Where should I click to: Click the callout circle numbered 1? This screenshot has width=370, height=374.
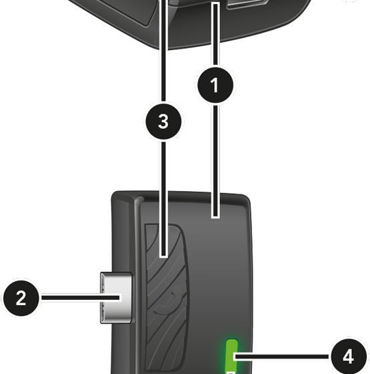click(215, 85)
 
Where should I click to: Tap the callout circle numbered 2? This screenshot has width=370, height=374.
click(21, 298)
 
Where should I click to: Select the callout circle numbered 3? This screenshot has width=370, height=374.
click(163, 122)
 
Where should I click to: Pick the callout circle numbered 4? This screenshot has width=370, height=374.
click(348, 357)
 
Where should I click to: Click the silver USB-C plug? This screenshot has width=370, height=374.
click(116, 298)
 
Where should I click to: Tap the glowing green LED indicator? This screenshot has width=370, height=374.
click(231, 357)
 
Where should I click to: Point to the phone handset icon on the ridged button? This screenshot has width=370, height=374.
click(169, 301)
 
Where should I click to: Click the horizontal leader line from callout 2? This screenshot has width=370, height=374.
click(81, 298)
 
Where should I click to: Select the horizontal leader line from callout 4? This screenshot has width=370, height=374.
click(282, 357)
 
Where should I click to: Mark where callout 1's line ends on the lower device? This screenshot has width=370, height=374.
click(215, 216)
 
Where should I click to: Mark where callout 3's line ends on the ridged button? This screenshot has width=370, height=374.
click(163, 255)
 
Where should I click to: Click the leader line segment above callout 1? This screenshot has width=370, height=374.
click(215, 35)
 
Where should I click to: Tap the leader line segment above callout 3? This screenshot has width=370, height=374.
click(163, 51)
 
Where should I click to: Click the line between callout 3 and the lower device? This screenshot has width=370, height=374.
click(163, 199)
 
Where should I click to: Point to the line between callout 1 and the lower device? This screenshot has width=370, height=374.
click(215, 161)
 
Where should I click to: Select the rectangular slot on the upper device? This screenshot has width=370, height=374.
click(247, 4)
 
